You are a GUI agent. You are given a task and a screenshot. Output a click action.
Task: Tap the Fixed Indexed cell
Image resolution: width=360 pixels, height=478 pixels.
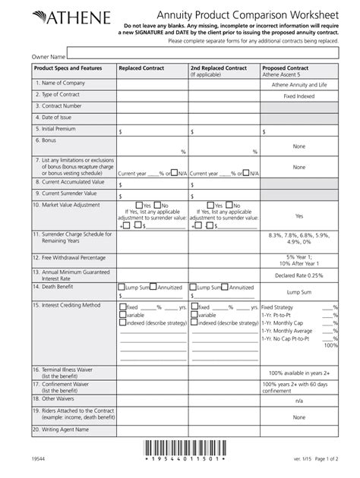298,97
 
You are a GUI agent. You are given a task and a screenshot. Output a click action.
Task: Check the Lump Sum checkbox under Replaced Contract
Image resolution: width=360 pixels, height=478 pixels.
122,288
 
